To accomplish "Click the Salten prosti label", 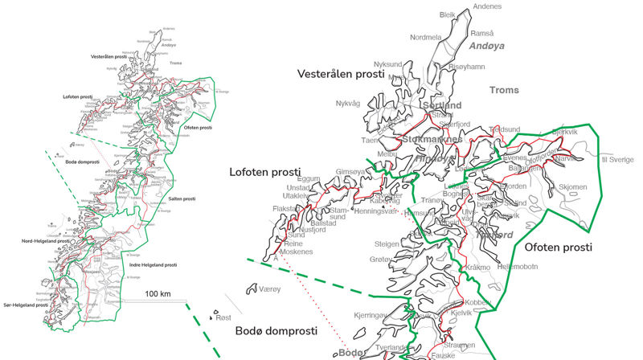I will (x=183, y=198).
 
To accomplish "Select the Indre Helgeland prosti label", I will (x=153, y=264).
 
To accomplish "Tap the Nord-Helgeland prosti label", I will (x=28, y=240).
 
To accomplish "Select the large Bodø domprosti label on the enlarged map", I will (x=276, y=331).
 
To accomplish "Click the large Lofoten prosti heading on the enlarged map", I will (x=265, y=172).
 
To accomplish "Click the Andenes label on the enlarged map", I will (x=487, y=6).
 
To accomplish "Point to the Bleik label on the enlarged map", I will (x=448, y=15).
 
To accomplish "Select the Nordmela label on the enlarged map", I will (x=426, y=37).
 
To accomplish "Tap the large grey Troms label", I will (x=505, y=91).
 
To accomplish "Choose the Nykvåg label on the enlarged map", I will (x=349, y=103).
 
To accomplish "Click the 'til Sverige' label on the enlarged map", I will (x=617, y=159).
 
